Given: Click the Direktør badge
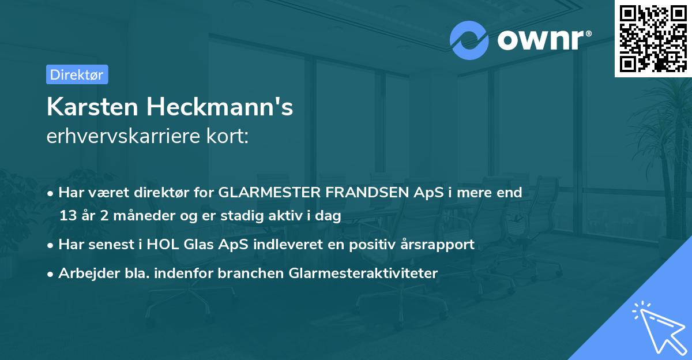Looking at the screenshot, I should click(77, 74).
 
